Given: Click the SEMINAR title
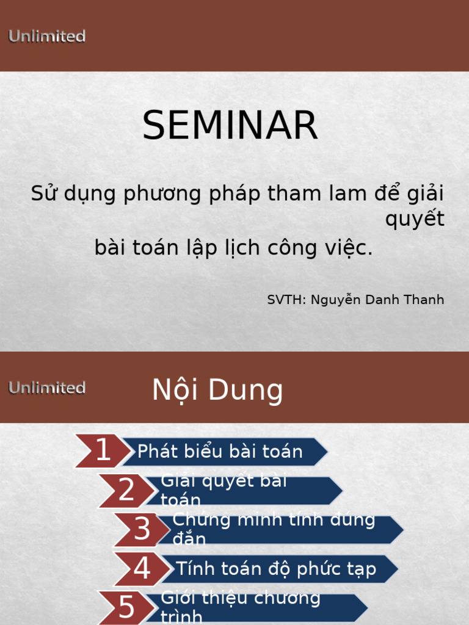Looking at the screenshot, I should coord(230,126).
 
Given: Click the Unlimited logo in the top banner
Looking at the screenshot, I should coord(47,37).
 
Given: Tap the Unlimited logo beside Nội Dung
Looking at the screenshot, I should coord(47,388).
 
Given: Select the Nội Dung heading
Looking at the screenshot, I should coord(217,390).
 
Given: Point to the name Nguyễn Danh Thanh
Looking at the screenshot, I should coord(377,300).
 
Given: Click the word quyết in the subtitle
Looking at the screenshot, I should coord(415,219).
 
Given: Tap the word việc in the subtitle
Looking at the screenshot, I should coord(351,248).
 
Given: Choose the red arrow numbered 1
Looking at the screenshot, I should coord(103,451).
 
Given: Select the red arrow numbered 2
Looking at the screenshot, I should coord(126,490).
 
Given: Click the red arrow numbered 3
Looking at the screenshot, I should coord(142,529).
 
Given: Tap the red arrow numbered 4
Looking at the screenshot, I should coord(142,569).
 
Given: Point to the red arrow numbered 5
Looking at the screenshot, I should coord(126,607).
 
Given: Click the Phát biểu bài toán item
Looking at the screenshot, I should coord(221,452).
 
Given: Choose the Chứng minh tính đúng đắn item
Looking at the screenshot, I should coord(275,529).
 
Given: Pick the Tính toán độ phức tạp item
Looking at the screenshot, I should coord(276,569).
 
